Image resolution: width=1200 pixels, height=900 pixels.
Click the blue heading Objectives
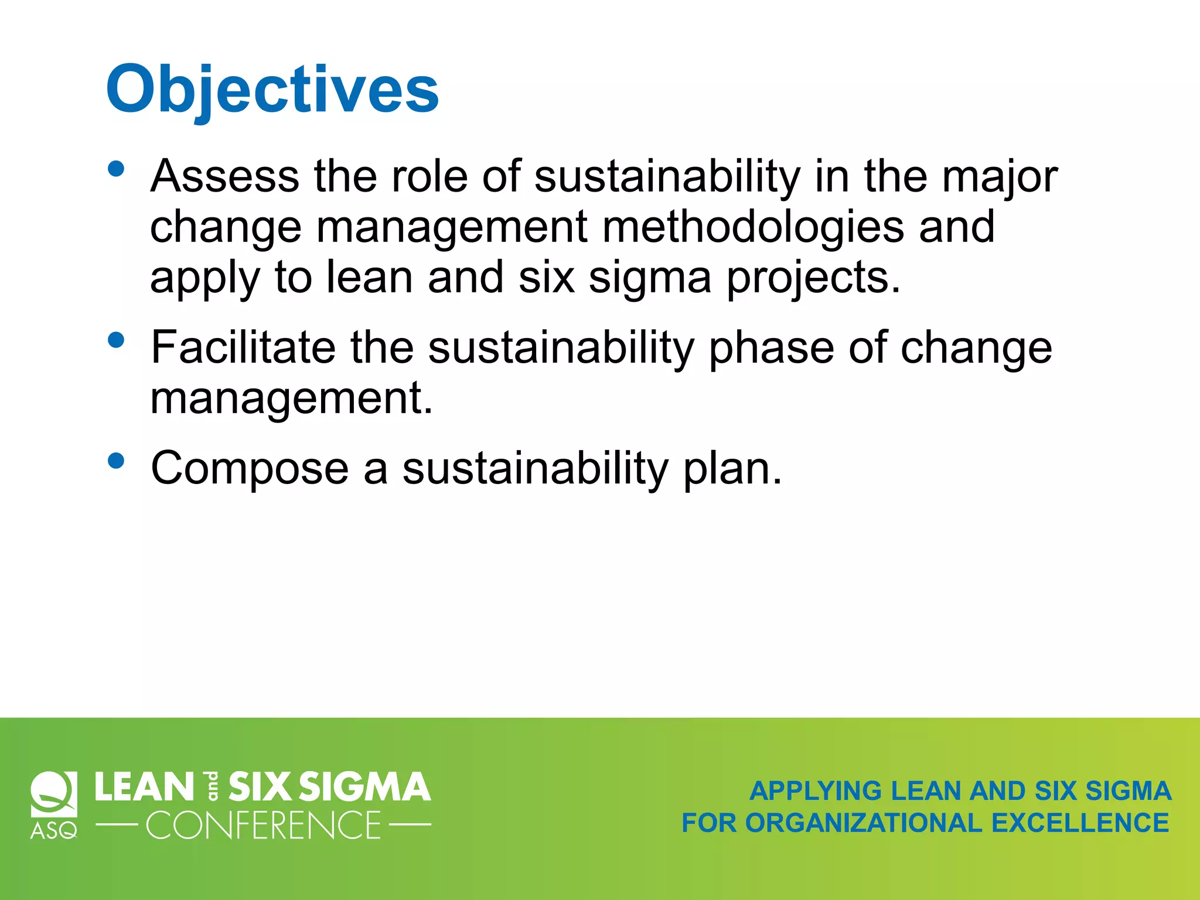(272, 89)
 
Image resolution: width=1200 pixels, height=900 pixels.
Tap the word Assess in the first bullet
(224, 176)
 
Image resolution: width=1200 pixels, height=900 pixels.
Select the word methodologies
(753, 227)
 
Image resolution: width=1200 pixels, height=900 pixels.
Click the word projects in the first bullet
(813, 278)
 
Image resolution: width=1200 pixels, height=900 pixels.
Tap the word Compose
(250, 468)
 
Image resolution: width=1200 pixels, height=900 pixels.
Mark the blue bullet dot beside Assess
(117, 169)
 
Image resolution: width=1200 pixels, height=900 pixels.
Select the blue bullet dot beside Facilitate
(117, 340)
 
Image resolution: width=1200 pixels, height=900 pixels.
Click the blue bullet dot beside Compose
(117, 461)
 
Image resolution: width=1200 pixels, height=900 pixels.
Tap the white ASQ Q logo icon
(54, 794)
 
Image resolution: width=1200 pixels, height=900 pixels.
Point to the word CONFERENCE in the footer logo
(263, 826)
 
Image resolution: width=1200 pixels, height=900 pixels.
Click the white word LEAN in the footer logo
(144, 786)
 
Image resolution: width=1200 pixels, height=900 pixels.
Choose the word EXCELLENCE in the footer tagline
(1080, 823)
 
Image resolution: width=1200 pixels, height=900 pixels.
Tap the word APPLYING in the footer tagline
(816, 791)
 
